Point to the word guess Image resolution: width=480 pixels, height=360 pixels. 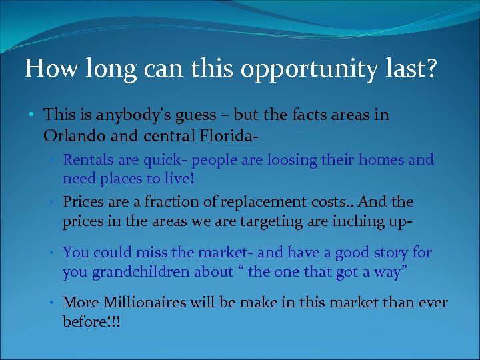(195, 116)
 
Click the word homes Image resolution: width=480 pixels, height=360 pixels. (382, 160)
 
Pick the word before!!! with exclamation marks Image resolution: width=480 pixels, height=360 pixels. (91, 321)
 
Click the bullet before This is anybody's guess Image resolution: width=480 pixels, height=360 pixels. (33, 116)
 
